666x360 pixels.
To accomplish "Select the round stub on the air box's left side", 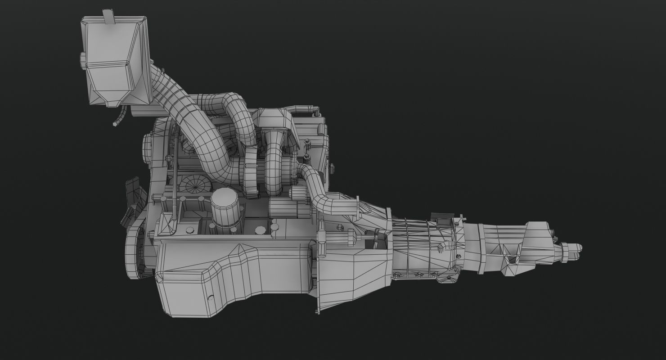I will (x=83, y=61).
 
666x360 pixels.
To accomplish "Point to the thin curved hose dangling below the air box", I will (x=119, y=117).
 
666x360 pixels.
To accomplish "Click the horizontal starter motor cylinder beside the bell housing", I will (x=288, y=208).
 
